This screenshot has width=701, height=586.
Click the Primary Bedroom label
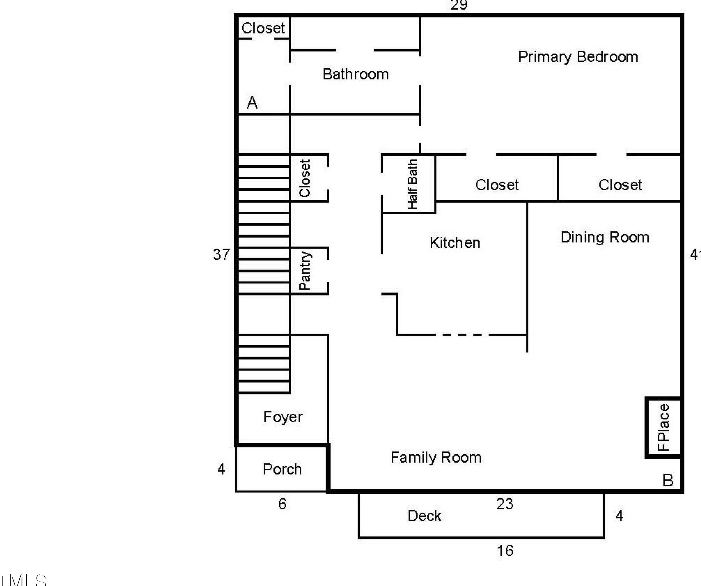[x=578, y=57]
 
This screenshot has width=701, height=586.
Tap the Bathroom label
[x=355, y=74]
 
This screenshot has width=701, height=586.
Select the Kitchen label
[x=455, y=243]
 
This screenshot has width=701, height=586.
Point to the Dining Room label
[x=605, y=237]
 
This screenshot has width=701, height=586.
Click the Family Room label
[x=436, y=457]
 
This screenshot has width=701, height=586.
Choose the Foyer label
[x=283, y=417]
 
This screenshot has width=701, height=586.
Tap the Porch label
[x=282, y=469]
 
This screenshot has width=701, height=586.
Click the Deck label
[x=424, y=516]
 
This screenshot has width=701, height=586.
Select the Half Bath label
[x=413, y=184]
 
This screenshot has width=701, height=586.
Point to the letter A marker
[x=252, y=102]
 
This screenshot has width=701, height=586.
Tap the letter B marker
[x=667, y=480]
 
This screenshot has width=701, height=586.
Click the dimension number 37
[x=221, y=255]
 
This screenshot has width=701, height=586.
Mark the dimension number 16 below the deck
[x=505, y=551]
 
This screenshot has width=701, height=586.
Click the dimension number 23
[x=505, y=504]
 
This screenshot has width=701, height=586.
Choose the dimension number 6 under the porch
[x=282, y=504]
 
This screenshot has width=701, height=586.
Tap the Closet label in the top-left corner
[x=263, y=28]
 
